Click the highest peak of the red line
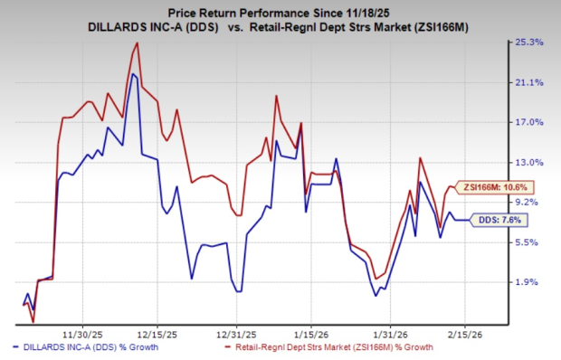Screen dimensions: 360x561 tap(137, 43)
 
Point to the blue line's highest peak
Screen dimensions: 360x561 tap(133, 74)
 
